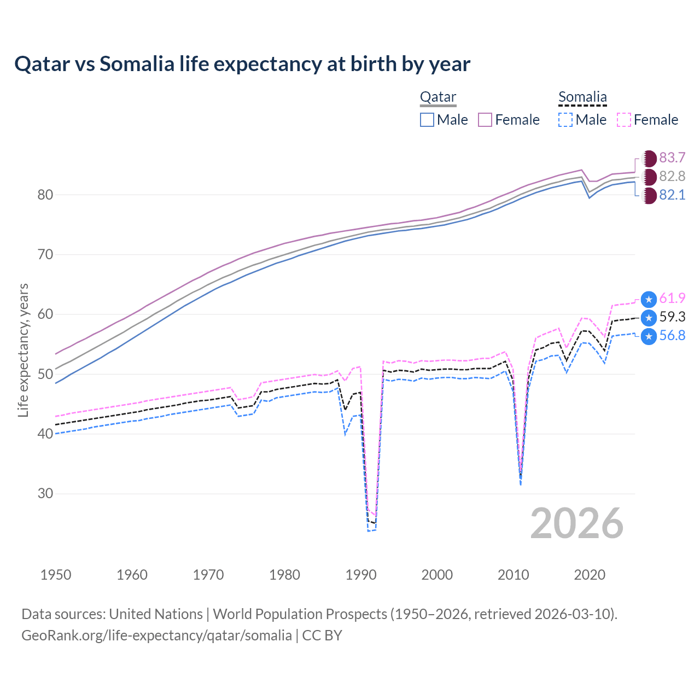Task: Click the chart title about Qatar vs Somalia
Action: click(242, 64)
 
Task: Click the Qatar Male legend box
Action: click(427, 120)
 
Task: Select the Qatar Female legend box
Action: click(485, 120)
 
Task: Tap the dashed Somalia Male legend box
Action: click(565, 120)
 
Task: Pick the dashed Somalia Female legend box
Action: click(623, 120)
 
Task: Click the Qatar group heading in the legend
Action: click(438, 97)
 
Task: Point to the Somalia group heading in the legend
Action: click(582, 97)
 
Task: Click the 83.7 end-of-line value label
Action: click(672, 158)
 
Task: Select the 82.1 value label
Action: click(672, 195)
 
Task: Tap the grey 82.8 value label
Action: click(672, 177)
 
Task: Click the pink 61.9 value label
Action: click(672, 299)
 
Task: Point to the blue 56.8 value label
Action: click(672, 336)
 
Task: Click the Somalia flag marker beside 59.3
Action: click(649, 317)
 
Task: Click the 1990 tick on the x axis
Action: click(361, 575)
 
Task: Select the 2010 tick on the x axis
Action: click(513, 575)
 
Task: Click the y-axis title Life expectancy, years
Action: click(23, 350)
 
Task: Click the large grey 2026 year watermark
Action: click(576, 523)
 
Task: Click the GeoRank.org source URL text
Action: click(156, 635)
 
